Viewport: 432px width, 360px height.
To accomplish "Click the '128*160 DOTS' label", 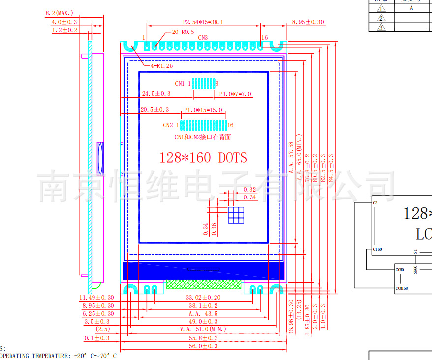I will coord(203,158).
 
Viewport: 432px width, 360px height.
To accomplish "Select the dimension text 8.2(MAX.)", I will coord(59,13).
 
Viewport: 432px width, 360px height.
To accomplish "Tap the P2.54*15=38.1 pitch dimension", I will coord(203,22).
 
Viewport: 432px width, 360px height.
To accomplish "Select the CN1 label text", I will coord(180,84).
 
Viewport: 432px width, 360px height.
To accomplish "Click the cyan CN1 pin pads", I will coord(203,83).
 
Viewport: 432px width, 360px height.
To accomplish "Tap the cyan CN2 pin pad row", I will coord(203,125).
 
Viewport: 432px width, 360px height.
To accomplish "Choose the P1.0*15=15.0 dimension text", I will coord(203,110).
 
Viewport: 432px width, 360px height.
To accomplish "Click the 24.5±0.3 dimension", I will coord(156,94).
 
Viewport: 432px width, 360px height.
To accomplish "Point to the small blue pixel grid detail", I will coord(236,215).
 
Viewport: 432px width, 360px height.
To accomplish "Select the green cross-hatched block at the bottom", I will coord(203,285).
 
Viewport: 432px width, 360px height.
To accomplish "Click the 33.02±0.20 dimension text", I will coord(203,298).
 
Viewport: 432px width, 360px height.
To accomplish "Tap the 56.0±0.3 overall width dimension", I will coord(203,346).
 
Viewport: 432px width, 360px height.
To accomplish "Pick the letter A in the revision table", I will coord(411,8).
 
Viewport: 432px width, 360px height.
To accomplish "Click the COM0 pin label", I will coord(400,270).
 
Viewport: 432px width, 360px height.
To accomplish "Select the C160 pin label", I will coord(377,250).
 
